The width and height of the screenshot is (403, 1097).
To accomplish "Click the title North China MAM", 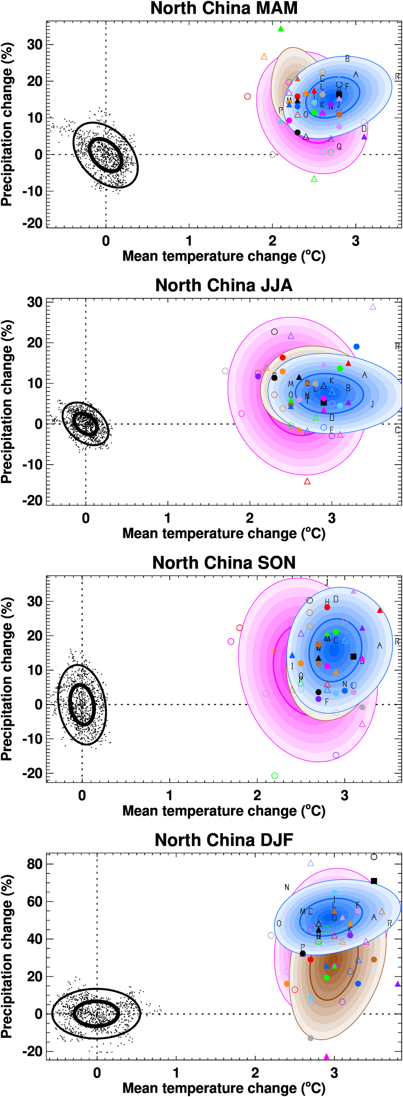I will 224,8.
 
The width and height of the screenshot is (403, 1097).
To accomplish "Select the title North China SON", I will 224,562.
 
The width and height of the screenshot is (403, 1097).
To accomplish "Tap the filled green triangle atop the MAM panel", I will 281,29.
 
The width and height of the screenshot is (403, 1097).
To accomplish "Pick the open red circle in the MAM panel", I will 247,96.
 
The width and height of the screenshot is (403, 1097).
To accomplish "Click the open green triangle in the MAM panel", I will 314,179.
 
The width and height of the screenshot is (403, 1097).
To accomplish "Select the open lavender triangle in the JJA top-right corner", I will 373,307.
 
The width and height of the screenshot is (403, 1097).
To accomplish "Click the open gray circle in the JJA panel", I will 225,371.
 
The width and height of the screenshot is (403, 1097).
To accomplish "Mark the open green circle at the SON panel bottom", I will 275,776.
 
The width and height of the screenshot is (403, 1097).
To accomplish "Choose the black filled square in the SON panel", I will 353,656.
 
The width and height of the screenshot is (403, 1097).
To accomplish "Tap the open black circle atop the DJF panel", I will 374,857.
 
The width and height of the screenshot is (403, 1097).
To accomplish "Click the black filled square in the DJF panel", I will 374,881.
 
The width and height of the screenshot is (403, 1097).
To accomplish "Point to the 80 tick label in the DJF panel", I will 34,864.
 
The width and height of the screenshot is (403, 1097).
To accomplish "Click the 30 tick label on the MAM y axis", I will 34,44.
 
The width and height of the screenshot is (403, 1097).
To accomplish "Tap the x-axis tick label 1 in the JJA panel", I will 167,518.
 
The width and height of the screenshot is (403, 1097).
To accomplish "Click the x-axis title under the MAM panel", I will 224,256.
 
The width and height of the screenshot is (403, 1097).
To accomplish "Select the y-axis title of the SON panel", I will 7,679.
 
